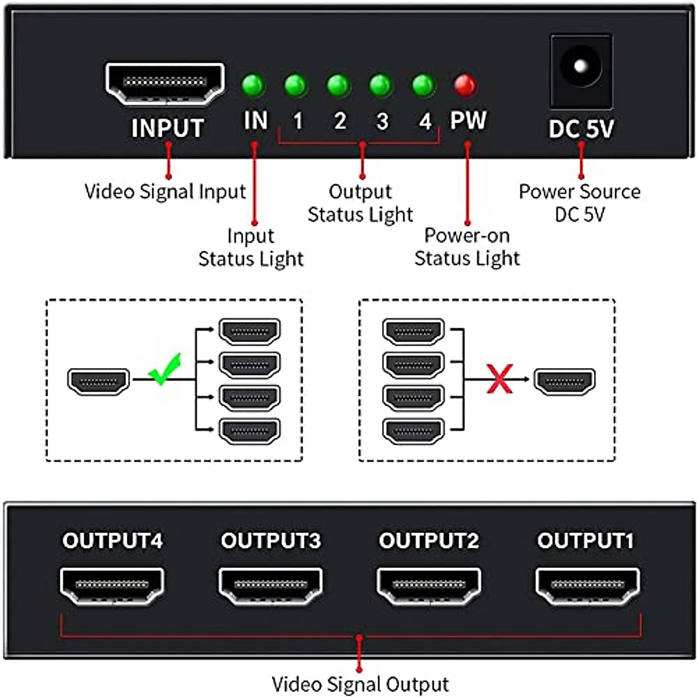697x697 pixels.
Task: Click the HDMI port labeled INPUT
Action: click(165, 84)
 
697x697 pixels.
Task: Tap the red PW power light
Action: click(465, 85)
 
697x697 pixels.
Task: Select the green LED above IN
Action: click(253, 85)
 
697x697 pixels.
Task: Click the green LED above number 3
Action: click(380, 85)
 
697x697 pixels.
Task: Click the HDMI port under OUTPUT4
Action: click(112, 585)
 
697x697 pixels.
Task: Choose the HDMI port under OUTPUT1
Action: click(587, 585)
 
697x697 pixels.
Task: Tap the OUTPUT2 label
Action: click(429, 541)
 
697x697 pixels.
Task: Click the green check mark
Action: click(165, 369)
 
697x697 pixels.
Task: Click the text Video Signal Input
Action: click(166, 192)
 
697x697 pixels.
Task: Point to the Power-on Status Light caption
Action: click(467, 247)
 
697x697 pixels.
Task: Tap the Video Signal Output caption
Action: click(360, 684)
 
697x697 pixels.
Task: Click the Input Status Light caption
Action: click(251, 247)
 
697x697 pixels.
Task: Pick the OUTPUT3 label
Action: click(271, 541)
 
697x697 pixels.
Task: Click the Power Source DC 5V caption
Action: click(580, 203)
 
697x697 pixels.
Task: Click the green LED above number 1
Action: click(296, 85)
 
